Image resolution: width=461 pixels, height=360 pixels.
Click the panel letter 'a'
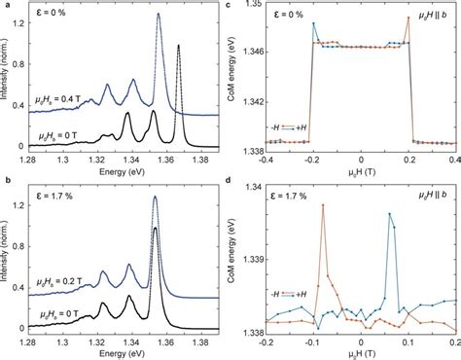point(6,6)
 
